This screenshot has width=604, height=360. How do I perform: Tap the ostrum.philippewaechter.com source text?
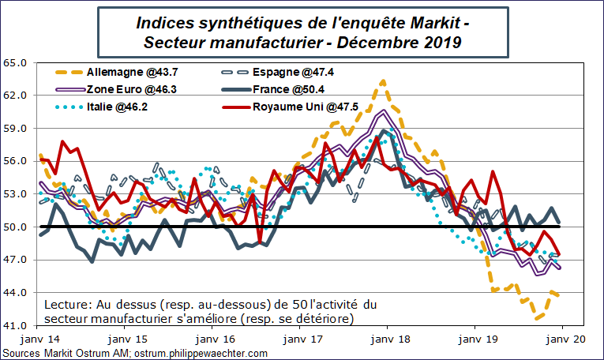201,353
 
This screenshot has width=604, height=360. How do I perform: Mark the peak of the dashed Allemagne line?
383,80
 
